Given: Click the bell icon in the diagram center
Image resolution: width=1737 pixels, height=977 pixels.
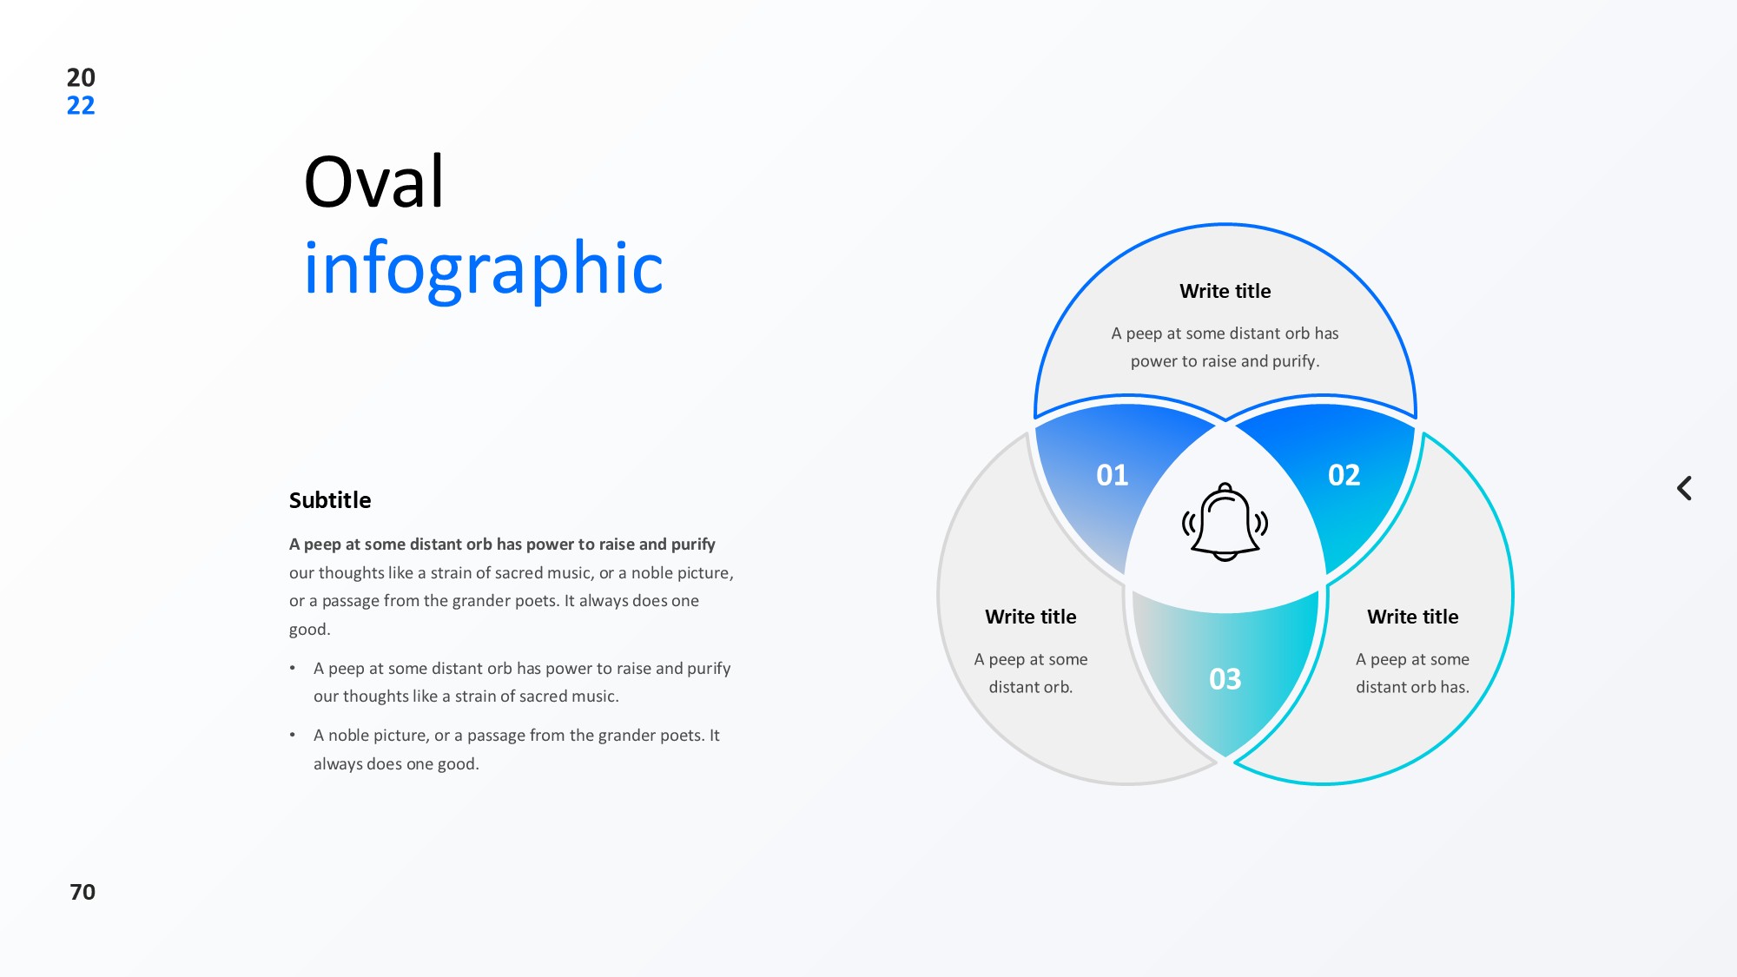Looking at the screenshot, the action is (1225, 522).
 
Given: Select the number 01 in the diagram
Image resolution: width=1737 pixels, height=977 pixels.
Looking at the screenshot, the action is (1112, 475).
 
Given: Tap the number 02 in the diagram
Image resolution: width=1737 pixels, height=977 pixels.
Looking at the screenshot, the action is (1344, 475).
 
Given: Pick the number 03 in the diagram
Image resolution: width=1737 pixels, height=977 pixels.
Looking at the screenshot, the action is (1225, 679).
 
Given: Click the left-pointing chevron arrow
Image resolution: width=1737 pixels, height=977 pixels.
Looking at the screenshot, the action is (1684, 488).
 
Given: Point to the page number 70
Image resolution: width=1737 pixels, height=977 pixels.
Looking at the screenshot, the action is (83, 892).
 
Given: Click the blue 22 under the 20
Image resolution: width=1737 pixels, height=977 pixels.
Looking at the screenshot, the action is (81, 106).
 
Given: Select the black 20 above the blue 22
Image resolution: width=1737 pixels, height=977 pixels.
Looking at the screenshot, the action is (81, 77).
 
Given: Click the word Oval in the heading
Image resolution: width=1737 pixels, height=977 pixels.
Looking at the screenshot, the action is (374, 182).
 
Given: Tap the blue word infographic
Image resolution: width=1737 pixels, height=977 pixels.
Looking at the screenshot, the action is (484, 267).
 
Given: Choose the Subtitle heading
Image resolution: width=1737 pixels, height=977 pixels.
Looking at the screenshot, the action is (330, 500).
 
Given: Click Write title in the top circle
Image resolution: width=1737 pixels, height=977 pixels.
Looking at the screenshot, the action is (1225, 291).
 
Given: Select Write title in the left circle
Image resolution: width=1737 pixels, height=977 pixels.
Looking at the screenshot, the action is (1031, 617).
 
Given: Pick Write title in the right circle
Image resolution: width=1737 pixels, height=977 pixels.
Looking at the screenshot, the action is (1413, 617).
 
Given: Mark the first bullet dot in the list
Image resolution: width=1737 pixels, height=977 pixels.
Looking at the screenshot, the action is (293, 668).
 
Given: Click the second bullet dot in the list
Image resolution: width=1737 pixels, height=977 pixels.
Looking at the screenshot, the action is (293, 735).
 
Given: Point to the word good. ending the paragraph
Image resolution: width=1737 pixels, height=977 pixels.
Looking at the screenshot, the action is (310, 630).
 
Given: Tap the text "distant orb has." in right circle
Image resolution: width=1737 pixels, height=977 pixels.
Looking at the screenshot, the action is (1413, 687).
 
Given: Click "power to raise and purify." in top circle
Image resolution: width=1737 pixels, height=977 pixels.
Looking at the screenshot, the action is (1225, 361).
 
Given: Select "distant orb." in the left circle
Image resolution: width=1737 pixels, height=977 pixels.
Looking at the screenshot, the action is (1031, 687).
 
